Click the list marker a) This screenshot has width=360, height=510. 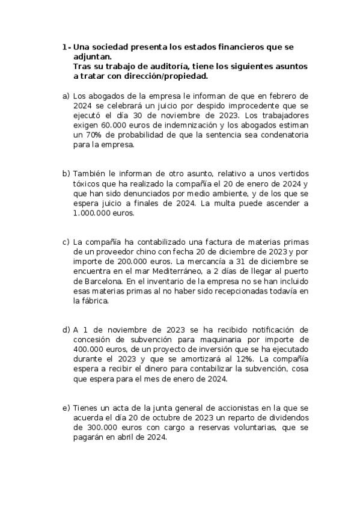[66, 96]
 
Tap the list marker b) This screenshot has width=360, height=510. [66, 173]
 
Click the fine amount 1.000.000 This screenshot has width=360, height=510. [92, 213]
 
